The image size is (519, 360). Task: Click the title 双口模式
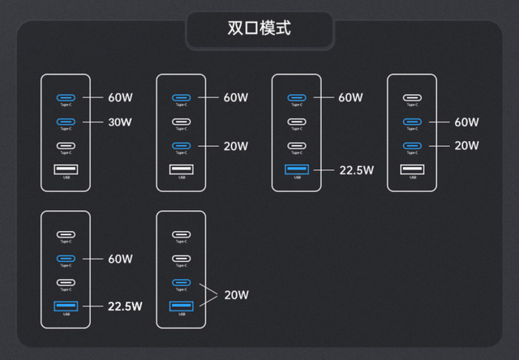(x=259, y=29)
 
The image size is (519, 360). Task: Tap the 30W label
(x=120, y=122)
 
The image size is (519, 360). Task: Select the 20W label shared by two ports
(x=236, y=294)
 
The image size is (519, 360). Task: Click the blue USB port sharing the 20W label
(x=181, y=306)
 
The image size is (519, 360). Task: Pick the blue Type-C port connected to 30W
(x=66, y=122)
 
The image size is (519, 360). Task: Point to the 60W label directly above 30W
(x=120, y=97)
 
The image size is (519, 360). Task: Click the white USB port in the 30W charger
(x=66, y=170)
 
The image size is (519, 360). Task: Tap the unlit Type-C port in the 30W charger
(x=66, y=146)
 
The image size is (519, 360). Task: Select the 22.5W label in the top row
(x=357, y=170)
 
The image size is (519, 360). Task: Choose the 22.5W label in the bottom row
(x=125, y=306)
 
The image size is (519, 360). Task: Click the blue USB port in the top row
(x=296, y=170)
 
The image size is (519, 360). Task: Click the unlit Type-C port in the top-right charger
(x=412, y=97)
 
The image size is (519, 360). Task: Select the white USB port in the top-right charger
(x=412, y=170)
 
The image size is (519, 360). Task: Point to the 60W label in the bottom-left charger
(x=120, y=259)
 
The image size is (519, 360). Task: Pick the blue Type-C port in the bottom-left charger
(x=66, y=259)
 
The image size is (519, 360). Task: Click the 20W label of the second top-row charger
(x=236, y=146)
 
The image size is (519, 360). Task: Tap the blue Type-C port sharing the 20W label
(x=181, y=282)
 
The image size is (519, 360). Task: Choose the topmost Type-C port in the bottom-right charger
(x=181, y=234)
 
